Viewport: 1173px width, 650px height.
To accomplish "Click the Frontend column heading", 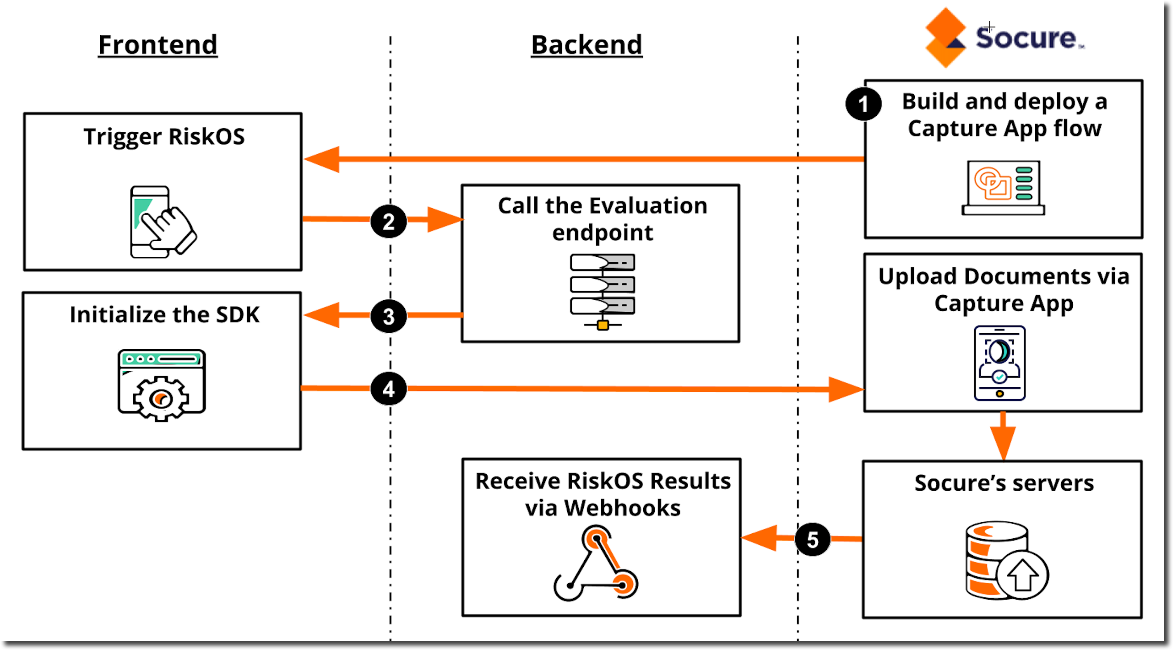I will coord(157,45).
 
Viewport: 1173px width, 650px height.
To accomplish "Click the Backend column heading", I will coord(586,45).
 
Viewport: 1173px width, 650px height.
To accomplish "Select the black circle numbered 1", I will coord(863,104).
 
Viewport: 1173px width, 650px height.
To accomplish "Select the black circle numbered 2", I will coord(388,222).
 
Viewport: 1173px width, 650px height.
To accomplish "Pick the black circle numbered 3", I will coord(388,316).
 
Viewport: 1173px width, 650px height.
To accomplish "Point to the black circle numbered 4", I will coord(388,389).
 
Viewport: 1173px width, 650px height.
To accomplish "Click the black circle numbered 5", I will coord(812,539).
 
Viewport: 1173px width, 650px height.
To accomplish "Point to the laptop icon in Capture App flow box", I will coord(1003,188).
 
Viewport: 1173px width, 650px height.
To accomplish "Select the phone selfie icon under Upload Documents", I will coord(999,363).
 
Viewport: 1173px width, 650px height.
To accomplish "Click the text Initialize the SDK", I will coord(164,315).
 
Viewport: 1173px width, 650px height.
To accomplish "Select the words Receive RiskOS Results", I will coord(603,481).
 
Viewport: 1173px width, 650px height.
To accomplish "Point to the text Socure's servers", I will coord(1004,483).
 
